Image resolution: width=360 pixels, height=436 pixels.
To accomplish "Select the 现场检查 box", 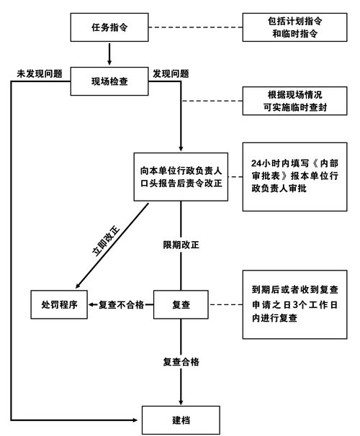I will (109, 81).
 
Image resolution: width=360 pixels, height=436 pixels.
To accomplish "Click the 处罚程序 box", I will (59, 305).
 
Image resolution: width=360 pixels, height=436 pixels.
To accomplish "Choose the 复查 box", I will (181, 305).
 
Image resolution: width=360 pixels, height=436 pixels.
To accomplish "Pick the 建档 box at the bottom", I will (181, 418).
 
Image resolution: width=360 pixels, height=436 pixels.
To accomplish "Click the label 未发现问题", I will (40, 73).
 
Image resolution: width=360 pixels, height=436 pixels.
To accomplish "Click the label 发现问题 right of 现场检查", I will (171, 73).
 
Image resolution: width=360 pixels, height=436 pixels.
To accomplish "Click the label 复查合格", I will (181, 361).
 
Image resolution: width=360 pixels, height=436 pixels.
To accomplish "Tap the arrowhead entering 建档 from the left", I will (137, 418).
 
